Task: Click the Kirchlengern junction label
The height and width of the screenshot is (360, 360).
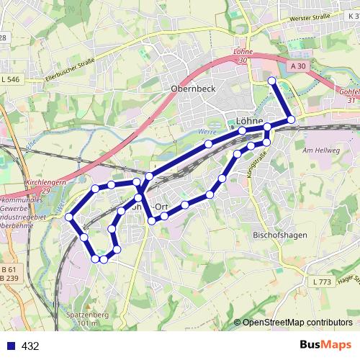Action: coord(45,184)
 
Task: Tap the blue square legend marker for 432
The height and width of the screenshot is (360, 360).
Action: coord(9,346)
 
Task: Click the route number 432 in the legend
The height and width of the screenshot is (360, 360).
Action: coord(30,346)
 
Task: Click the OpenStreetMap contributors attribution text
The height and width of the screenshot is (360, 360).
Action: coord(297,323)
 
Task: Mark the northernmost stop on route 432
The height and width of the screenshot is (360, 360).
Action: coord(272,80)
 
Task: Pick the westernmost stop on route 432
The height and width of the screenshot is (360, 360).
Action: coord(69,217)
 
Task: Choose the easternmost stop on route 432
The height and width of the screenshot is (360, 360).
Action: coord(291,120)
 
